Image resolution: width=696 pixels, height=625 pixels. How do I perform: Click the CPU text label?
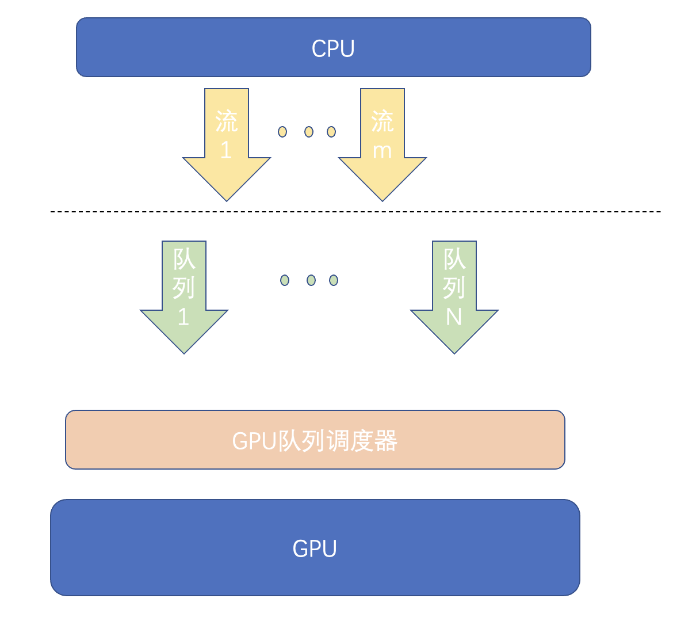pyautogui.click(x=333, y=48)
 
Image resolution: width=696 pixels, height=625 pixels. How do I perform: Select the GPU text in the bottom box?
pyautogui.click(x=315, y=548)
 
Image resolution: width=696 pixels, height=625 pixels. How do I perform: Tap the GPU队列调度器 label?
pyautogui.click(x=315, y=441)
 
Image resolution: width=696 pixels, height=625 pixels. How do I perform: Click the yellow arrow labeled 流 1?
pyautogui.click(x=227, y=167)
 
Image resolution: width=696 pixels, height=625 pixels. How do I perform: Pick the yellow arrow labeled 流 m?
pyautogui.click(x=383, y=167)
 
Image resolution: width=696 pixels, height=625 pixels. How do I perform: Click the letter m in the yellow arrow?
pyautogui.click(x=383, y=151)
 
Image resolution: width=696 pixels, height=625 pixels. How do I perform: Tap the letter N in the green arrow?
pyautogui.click(x=454, y=317)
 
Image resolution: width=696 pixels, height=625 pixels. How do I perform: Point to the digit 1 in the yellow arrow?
pyautogui.click(x=226, y=150)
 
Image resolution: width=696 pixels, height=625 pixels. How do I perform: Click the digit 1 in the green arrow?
pyautogui.click(x=183, y=317)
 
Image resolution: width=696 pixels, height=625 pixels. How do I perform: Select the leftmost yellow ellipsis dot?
pyautogui.click(x=282, y=132)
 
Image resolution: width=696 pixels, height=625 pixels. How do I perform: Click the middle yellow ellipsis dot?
pyautogui.click(x=309, y=132)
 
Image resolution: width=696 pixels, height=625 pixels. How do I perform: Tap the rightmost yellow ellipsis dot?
pyautogui.click(x=331, y=132)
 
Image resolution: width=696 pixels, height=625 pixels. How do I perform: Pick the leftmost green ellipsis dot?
pyautogui.click(x=285, y=280)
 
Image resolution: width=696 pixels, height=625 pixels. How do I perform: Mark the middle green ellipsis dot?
pyautogui.click(x=311, y=280)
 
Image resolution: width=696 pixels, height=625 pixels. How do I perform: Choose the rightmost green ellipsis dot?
pyautogui.click(x=334, y=280)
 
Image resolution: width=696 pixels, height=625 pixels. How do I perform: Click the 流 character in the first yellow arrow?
pyautogui.click(x=227, y=121)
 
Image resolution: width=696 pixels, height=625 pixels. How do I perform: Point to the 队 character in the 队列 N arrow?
pyautogui.click(x=454, y=259)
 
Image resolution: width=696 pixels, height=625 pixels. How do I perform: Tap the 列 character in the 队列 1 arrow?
pyautogui.click(x=184, y=288)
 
